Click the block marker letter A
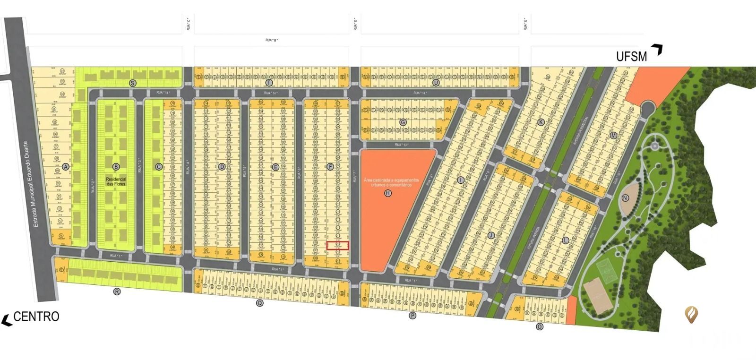(x=66, y=167)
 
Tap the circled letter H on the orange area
(x=388, y=193)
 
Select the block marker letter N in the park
(x=626, y=198)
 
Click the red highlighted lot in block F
(x=338, y=245)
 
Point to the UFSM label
(x=631, y=57)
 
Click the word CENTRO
(x=36, y=317)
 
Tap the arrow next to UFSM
(x=657, y=50)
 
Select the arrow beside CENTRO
(x=7, y=320)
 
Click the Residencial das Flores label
(x=116, y=181)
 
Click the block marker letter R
(x=117, y=291)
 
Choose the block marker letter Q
(x=259, y=303)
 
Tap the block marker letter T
(x=269, y=83)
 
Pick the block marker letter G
(x=403, y=122)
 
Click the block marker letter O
(x=540, y=326)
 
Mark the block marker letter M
(x=613, y=136)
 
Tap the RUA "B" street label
(x=272, y=40)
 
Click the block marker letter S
(x=133, y=83)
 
